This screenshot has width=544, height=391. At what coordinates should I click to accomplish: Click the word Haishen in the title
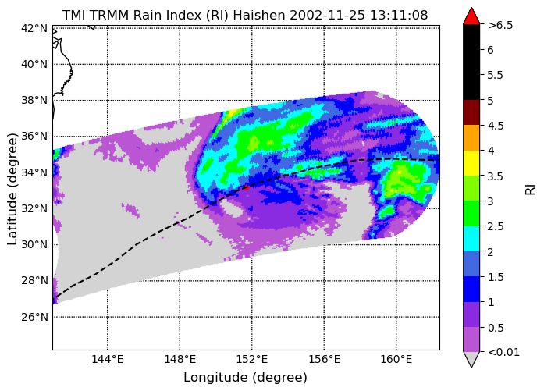pos(259,16)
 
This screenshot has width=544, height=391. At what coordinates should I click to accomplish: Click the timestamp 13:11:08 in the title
pos(399,16)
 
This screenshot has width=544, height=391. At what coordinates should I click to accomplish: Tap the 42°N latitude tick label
pos(34,28)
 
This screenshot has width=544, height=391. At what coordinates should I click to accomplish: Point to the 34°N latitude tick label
pos(34,172)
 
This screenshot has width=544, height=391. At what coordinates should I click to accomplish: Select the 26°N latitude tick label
pos(34,317)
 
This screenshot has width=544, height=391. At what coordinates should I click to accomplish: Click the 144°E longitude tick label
pos(108,359)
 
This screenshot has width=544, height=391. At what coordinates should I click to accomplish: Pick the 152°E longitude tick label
pos(252,359)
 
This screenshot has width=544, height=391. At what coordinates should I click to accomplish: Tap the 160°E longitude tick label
pos(396,359)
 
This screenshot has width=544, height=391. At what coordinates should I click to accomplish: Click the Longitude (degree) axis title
pos(245,378)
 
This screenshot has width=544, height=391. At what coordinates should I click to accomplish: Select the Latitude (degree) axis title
pos(12,189)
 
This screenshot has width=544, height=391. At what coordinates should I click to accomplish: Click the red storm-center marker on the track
pos(246,187)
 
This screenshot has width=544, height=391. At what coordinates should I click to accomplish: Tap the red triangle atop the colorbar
pos(471,16)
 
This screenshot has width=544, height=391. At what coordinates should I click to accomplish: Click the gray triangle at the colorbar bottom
pos(471,359)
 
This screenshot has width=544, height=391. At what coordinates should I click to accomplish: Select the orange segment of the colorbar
pos(471,137)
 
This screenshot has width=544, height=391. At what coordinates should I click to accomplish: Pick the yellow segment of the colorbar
pos(471,163)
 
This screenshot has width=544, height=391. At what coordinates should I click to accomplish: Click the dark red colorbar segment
pos(471,112)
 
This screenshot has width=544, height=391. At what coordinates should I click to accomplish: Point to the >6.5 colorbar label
pos(500,25)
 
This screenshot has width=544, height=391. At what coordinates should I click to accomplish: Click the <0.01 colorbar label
pos(503,352)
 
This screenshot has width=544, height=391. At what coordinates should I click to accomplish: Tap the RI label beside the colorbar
pos(531,189)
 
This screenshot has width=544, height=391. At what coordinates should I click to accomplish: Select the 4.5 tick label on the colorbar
pos(496,126)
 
